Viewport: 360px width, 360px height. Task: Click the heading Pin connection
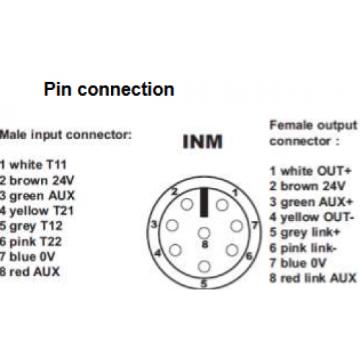click(109, 90)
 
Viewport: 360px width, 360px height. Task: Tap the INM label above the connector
click(202, 142)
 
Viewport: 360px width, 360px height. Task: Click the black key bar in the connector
click(204, 202)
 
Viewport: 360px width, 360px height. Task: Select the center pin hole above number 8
click(204, 233)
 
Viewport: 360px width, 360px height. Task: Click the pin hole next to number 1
click(222, 205)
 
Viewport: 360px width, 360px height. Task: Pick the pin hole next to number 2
click(186, 204)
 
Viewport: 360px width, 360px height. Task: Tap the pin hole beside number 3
click(172, 225)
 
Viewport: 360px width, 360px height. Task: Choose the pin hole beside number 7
click(237, 226)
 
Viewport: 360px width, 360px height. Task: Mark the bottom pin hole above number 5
click(204, 266)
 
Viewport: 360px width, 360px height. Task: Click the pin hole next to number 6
click(232, 250)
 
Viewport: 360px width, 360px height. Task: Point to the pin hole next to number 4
click(175, 250)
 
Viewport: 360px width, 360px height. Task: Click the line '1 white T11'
click(33, 165)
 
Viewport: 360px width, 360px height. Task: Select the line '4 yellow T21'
click(37, 211)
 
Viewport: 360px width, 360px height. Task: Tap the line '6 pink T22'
click(31, 242)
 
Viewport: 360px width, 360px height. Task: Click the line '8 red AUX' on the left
click(30, 271)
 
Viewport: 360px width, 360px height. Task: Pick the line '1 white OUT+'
click(310, 171)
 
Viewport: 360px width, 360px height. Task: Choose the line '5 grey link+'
click(305, 233)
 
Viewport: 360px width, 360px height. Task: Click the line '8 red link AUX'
click(313, 278)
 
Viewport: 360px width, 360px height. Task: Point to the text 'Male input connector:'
click(66, 135)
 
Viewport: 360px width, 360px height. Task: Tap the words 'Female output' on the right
click(313, 125)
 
